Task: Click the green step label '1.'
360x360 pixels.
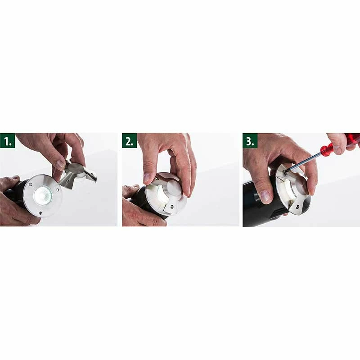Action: (8, 140)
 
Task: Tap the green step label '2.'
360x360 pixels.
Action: (130, 140)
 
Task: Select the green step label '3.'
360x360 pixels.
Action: (250, 140)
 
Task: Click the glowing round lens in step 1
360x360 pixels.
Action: (43, 196)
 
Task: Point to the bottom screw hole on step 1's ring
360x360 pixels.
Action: (40, 213)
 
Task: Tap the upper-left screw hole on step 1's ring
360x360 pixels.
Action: (31, 184)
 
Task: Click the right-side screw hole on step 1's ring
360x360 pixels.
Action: (58, 189)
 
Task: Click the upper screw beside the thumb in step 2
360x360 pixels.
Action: (157, 179)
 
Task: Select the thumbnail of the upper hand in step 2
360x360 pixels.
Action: (147, 177)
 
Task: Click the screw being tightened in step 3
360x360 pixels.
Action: (284, 171)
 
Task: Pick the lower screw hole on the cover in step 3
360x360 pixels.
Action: (298, 207)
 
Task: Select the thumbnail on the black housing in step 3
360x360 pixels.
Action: (265, 197)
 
